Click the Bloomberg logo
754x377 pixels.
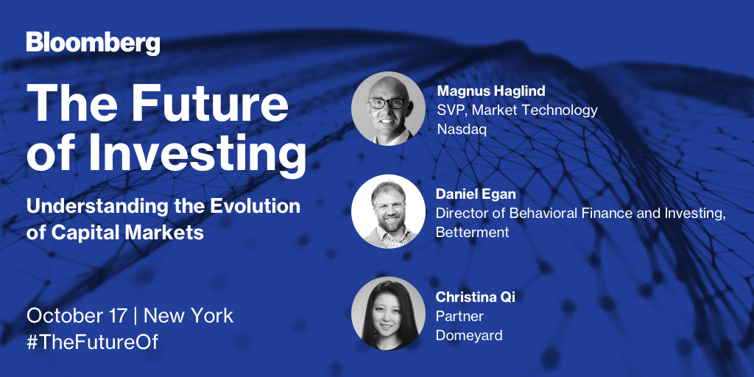pyautogui.click(x=93, y=43)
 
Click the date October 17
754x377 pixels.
pyautogui.click(x=77, y=316)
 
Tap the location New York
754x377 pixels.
pyautogui.click(x=188, y=316)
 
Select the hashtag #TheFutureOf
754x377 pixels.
pyautogui.click(x=92, y=342)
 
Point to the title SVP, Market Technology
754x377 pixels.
pyautogui.click(x=517, y=110)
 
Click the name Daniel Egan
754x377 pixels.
pyautogui.click(x=475, y=194)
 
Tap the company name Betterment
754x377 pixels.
pyautogui.click(x=473, y=233)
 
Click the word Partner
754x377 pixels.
pyautogui.click(x=460, y=316)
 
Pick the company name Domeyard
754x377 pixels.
pyautogui.click(x=469, y=335)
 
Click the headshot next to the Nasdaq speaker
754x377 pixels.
pyautogui.click(x=388, y=109)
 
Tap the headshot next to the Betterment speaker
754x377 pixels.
pyautogui.click(x=388, y=211)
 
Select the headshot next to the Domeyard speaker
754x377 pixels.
pyautogui.click(x=388, y=313)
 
